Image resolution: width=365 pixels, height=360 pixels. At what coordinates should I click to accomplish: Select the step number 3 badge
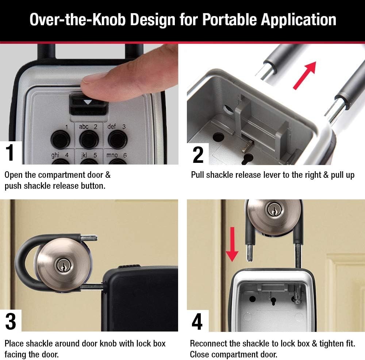11,321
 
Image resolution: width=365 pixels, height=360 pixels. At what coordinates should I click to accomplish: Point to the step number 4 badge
197,321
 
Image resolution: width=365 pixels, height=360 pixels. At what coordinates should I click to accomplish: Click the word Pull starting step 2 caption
197,175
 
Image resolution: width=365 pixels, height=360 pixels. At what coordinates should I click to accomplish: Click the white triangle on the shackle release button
87,103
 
